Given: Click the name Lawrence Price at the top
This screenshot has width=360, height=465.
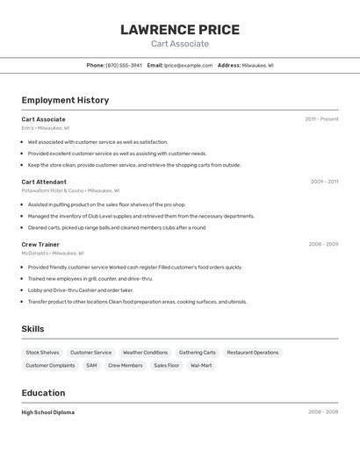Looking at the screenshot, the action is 180,30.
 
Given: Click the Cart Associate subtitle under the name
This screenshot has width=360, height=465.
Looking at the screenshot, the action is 180,44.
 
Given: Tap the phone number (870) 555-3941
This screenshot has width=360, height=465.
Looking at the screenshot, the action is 124,65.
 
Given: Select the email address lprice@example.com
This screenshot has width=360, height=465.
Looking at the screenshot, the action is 188,65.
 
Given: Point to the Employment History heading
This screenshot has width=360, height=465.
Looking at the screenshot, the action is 65,100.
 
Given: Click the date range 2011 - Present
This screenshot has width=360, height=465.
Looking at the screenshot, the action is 321,119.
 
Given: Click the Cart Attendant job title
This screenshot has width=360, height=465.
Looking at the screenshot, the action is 44,182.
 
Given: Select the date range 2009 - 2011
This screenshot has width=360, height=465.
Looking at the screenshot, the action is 324,182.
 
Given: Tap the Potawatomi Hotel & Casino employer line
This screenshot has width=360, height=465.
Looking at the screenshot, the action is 70,190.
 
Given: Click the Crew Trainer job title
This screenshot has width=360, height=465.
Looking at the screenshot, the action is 40,244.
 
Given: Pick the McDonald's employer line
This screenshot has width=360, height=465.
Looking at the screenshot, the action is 53,253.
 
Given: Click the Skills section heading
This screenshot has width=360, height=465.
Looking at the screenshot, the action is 33,329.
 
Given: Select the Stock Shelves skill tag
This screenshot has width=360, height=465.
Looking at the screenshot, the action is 42,353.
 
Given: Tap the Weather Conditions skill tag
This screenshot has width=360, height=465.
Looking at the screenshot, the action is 145,353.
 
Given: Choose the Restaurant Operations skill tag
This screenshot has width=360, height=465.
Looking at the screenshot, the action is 253,353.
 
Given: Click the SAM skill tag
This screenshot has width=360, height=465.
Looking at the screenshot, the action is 91,365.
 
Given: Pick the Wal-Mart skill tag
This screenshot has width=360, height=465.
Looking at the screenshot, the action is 201,365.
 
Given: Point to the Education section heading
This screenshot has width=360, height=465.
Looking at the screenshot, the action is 43,393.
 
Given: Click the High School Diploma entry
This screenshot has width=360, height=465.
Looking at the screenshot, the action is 48,412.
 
